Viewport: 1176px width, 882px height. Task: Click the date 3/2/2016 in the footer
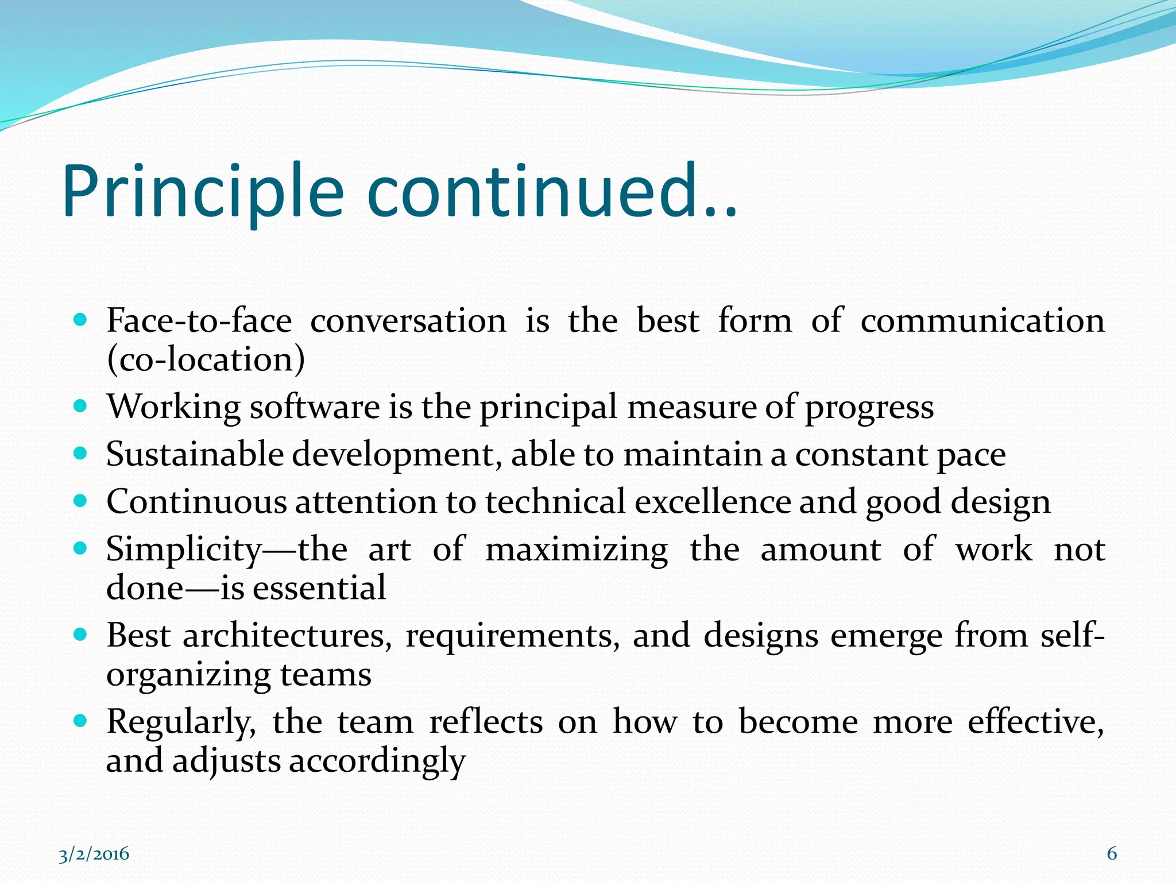pyautogui.click(x=94, y=854)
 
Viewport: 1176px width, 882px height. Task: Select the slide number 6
pyautogui.click(x=1112, y=854)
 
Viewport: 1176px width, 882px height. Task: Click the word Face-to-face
pyautogui.click(x=199, y=320)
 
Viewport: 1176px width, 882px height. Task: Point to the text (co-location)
pyautogui.click(x=206, y=359)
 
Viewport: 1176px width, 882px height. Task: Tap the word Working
pyautogui.click(x=173, y=407)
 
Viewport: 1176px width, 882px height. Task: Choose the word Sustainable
pyautogui.click(x=195, y=454)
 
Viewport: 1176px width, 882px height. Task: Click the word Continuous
pyautogui.click(x=196, y=502)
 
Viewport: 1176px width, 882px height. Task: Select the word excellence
pyautogui.click(x=713, y=502)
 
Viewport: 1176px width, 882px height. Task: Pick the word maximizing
pyautogui.click(x=577, y=550)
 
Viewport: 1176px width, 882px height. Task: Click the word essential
pyautogui.click(x=319, y=588)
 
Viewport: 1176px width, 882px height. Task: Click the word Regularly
pyautogui.click(x=181, y=722)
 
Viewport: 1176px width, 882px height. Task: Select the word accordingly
pyautogui.click(x=377, y=761)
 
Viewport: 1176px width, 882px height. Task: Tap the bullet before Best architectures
pyautogui.click(x=81, y=635)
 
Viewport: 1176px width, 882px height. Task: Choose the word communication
pyautogui.click(x=982, y=320)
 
